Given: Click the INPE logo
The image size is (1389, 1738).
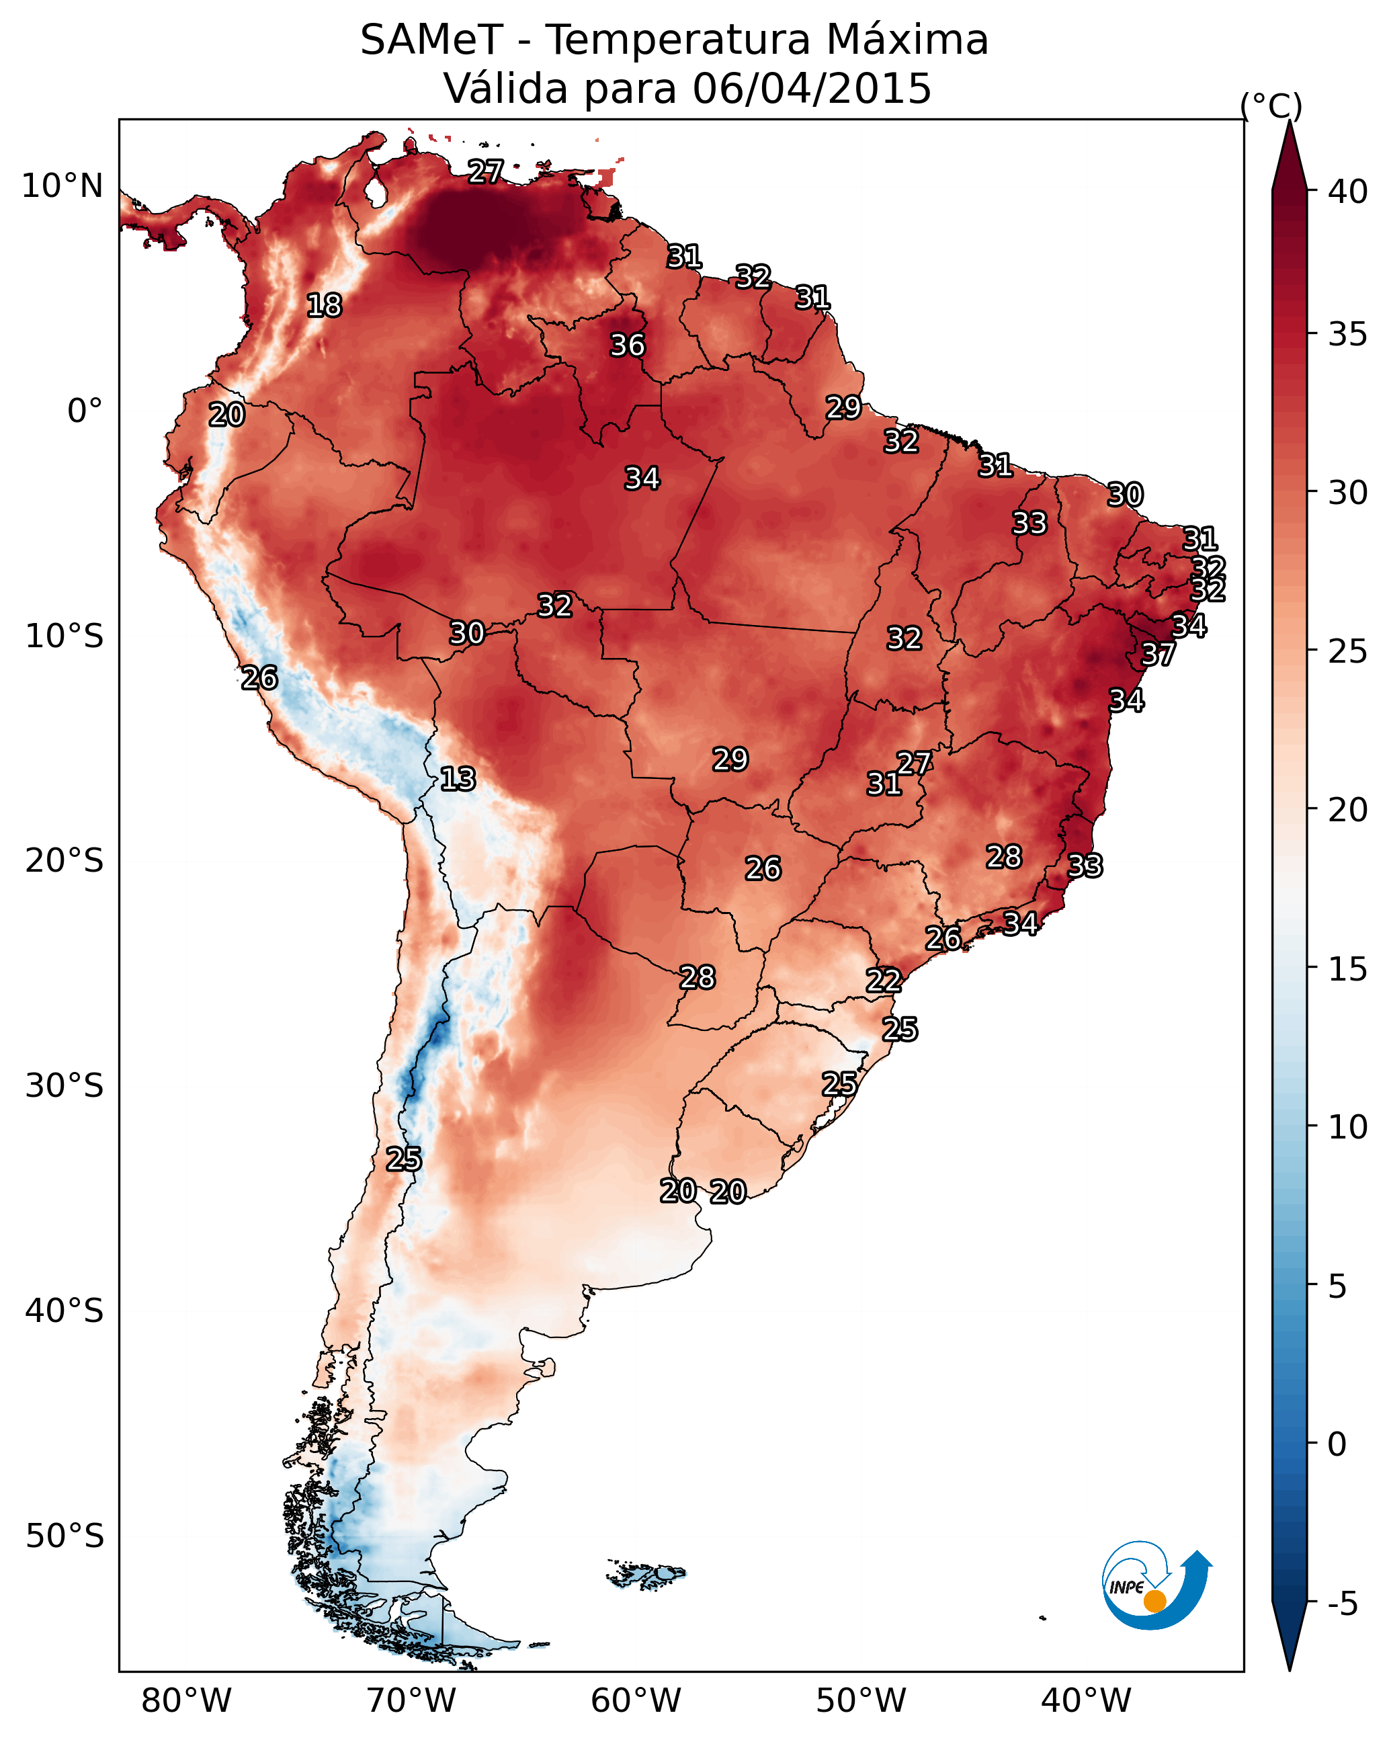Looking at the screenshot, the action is point(1157,1585).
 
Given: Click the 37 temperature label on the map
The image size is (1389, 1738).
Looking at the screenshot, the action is point(1158,655).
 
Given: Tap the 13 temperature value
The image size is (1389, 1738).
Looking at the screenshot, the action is point(458,779).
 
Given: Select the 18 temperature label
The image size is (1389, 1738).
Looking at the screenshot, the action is point(324,306).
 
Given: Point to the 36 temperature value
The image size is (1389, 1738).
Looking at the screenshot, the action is point(627,345).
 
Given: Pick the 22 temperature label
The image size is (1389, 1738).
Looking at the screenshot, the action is point(884,981).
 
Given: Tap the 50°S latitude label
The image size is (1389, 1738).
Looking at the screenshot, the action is point(65,1536).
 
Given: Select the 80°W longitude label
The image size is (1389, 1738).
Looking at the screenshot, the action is point(186,1700).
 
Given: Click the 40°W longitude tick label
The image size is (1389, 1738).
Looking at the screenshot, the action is point(1086,1700).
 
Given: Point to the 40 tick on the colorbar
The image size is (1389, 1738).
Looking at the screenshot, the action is point(1348,192).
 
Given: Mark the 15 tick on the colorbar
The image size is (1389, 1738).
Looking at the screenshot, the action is point(1348,969).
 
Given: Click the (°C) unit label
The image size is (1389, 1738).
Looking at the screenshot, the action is point(1271,106).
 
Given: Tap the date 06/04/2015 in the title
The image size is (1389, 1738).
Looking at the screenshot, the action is point(812,88).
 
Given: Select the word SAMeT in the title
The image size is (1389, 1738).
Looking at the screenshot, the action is point(432,40).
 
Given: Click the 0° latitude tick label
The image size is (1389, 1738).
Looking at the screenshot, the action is point(85,411).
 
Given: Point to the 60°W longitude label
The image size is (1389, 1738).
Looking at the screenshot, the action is point(636,1700).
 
